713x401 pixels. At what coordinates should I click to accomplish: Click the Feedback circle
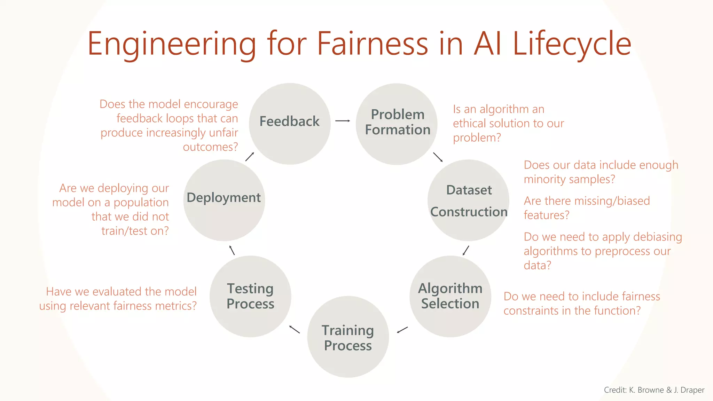[290, 124]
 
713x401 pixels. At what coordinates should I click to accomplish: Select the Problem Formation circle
[397, 124]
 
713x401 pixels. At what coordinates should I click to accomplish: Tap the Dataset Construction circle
[468, 200]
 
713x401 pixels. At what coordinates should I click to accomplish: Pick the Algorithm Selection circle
[450, 296]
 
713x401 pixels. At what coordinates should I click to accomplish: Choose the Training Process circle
[348, 337]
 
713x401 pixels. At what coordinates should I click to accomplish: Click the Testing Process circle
[250, 296]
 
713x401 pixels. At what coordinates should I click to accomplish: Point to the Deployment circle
[224, 200]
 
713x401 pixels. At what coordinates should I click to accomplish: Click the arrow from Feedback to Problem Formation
[343, 121]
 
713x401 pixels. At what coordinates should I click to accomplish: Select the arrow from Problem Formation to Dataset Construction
[438, 157]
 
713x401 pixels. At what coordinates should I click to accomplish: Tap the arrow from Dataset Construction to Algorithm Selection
[466, 250]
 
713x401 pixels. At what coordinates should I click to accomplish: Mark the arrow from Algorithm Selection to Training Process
[402, 330]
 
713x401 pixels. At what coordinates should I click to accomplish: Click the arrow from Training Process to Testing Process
[295, 329]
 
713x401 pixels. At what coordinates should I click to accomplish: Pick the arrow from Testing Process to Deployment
[232, 250]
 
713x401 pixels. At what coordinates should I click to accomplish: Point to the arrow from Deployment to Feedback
[250, 157]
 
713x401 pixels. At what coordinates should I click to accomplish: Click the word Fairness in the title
[372, 44]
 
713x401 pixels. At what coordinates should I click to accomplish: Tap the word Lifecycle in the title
[572, 45]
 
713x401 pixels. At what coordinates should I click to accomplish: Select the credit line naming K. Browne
[654, 390]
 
